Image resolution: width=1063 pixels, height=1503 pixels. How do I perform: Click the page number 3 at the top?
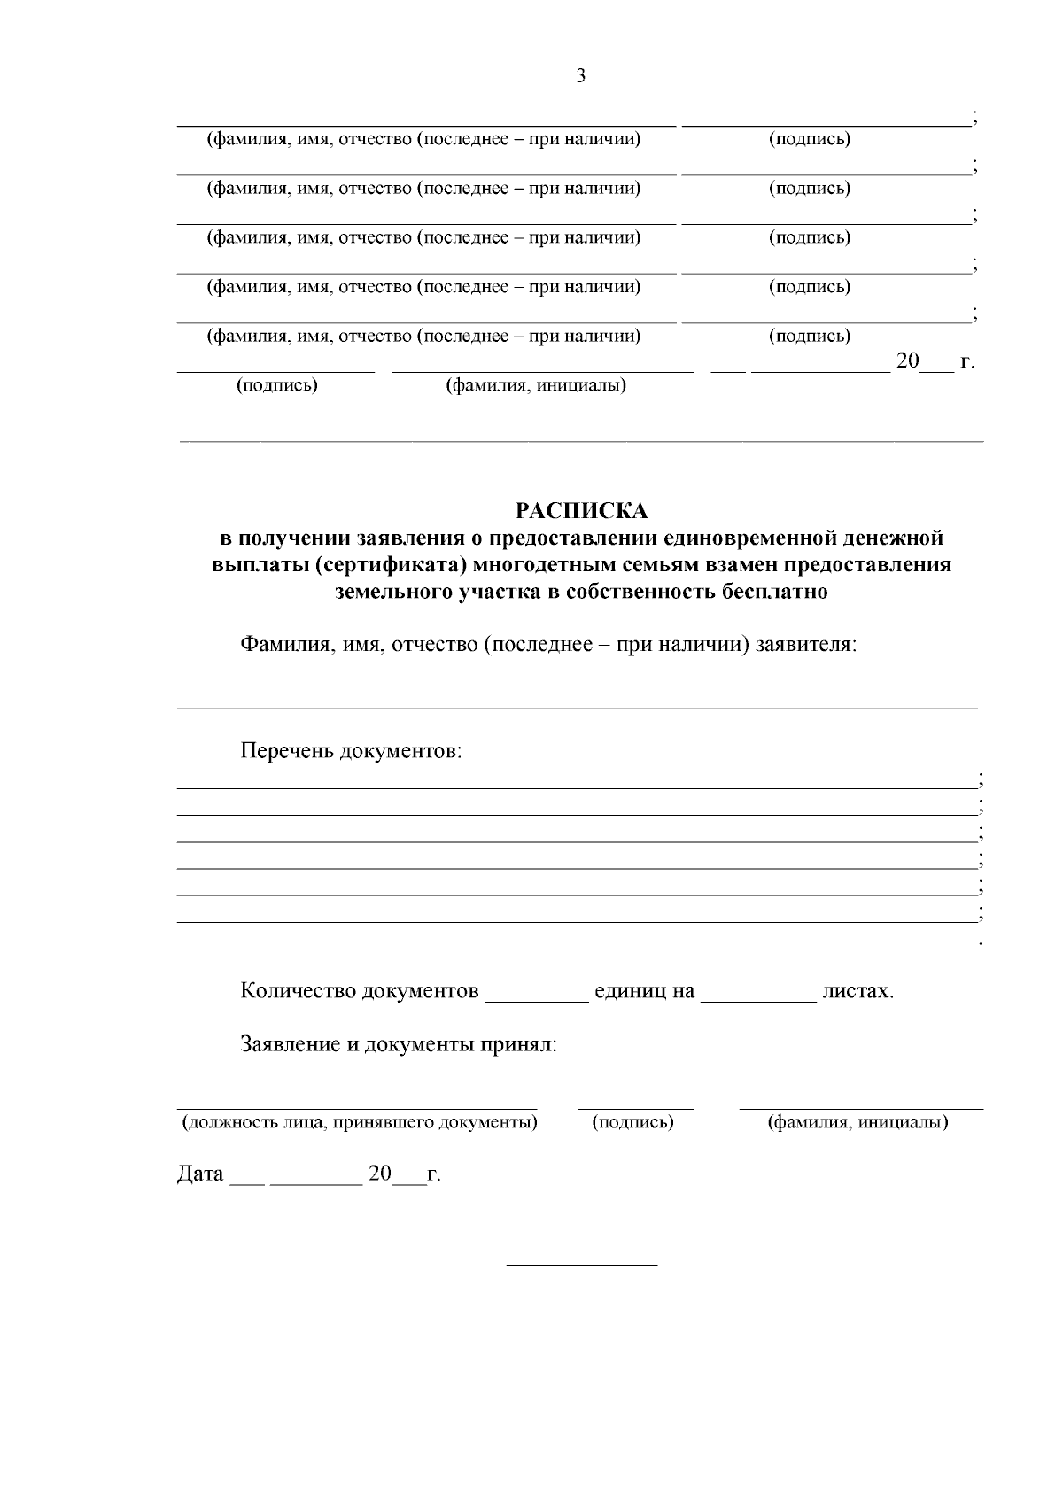tap(581, 76)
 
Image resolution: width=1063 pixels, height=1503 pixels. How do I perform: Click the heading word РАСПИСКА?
tap(581, 511)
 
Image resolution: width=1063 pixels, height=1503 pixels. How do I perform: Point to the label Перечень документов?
tap(351, 752)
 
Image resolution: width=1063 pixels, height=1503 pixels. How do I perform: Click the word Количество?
tap(298, 991)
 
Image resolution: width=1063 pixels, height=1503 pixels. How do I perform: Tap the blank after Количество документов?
tap(537, 996)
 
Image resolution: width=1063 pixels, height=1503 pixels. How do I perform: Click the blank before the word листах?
tap(758, 996)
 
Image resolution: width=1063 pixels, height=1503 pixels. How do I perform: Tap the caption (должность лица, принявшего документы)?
tap(359, 1123)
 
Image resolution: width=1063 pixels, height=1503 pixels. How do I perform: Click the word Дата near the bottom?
tap(200, 1174)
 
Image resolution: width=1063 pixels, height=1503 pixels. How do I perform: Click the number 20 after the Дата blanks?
tap(380, 1174)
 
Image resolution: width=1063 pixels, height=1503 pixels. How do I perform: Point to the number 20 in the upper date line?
tap(909, 361)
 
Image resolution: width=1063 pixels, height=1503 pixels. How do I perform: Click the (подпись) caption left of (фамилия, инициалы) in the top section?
tap(276, 386)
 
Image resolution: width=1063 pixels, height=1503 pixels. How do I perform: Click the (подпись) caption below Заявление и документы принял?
tap(632, 1123)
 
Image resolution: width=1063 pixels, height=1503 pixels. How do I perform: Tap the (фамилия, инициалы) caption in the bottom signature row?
tap(857, 1123)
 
